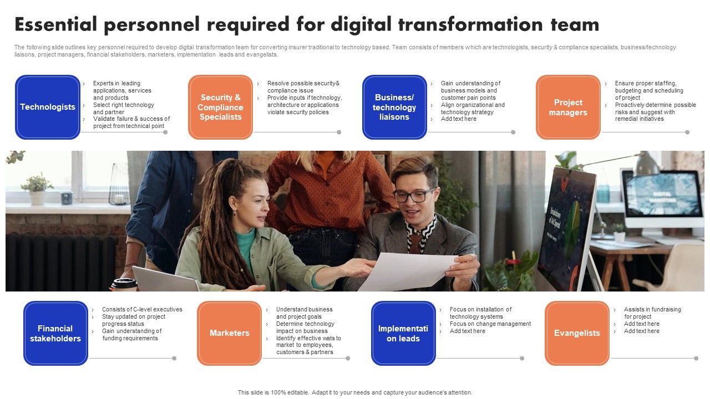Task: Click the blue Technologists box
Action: (x=48, y=107)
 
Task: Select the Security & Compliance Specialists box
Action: (x=220, y=107)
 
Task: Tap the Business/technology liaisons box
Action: (x=394, y=107)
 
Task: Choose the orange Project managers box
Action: (x=568, y=107)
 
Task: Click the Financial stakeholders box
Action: (x=55, y=333)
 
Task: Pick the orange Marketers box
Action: (x=229, y=333)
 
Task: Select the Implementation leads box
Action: (x=403, y=333)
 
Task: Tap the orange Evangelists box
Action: (x=577, y=333)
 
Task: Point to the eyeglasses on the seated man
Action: (x=414, y=195)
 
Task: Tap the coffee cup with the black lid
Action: (x=123, y=285)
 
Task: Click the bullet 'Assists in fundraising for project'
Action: (x=652, y=313)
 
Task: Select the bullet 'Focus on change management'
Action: (x=490, y=324)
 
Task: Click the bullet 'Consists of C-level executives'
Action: (x=141, y=310)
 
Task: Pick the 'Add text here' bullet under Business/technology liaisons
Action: (x=458, y=119)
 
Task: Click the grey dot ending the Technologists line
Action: (x=165, y=132)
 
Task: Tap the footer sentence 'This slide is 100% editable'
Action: (x=355, y=392)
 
